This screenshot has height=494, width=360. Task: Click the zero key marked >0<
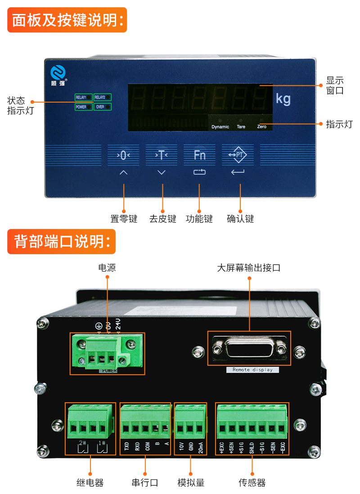124,156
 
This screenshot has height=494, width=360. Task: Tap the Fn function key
199,156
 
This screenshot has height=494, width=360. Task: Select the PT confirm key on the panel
238,156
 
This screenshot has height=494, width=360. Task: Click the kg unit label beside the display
283,99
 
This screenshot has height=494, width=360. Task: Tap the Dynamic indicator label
220,127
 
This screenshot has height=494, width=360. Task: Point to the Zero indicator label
261,127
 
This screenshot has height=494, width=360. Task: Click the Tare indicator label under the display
241,127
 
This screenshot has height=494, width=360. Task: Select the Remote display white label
252,370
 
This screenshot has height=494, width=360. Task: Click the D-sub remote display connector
249,349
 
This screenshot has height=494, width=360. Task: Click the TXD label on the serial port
126,447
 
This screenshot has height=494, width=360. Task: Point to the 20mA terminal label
200,447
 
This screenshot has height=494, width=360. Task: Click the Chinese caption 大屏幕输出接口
248,268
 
